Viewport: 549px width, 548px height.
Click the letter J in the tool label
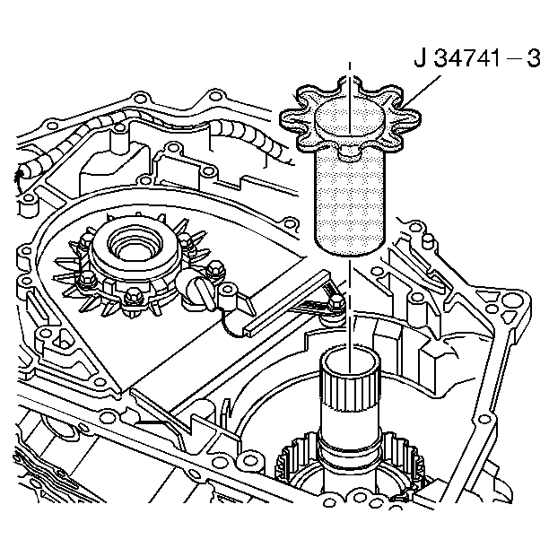point(419,60)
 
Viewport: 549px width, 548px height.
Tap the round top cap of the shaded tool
point(350,117)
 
